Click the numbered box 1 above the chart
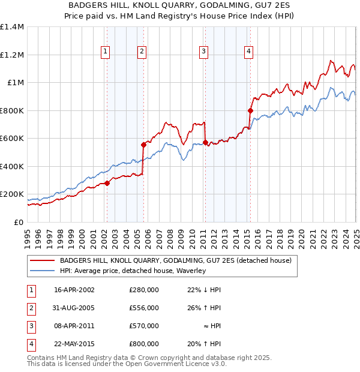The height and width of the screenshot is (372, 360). (x=106, y=52)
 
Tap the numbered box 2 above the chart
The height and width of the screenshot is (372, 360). (x=142, y=52)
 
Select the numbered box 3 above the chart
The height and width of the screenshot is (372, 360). (x=204, y=52)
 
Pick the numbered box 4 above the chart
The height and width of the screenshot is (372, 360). (x=248, y=52)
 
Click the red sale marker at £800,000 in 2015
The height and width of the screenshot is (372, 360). (x=250, y=110)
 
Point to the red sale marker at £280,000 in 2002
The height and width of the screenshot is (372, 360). (x=107, y=183)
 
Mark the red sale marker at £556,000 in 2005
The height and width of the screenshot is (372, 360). (x=144, y=145)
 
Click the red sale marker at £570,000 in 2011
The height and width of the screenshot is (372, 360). (x=205, y=143)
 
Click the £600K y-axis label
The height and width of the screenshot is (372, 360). (x=12, y=139)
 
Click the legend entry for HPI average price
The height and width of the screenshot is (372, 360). (x=133, y=271)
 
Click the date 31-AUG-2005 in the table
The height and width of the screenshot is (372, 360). (x=74, y=308)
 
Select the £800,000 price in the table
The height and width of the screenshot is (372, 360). (x=143, y=344)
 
